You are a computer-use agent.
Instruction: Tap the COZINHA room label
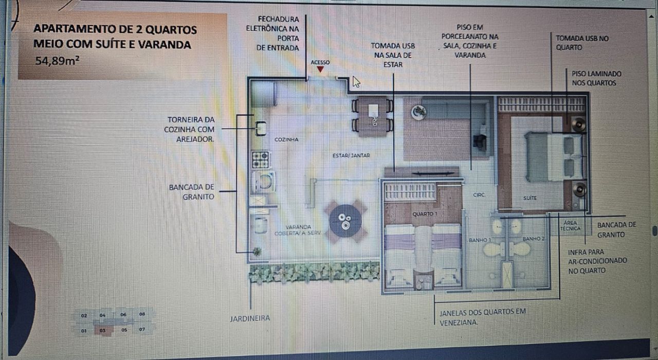286,139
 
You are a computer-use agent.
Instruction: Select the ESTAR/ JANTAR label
352,155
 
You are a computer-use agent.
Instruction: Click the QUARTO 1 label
425,213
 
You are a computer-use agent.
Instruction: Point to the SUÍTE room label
530,197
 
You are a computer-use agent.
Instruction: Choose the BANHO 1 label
480,240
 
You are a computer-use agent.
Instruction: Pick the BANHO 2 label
533,239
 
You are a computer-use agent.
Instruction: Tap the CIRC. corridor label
479,195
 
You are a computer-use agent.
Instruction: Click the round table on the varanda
345,221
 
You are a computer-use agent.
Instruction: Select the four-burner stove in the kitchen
260,159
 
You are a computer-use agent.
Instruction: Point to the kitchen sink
261,128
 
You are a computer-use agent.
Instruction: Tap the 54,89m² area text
56,61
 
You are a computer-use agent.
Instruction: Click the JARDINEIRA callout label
250,318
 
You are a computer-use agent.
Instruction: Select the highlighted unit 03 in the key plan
103,331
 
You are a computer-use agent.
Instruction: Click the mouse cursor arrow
356,82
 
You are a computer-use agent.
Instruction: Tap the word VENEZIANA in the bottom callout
459,323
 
